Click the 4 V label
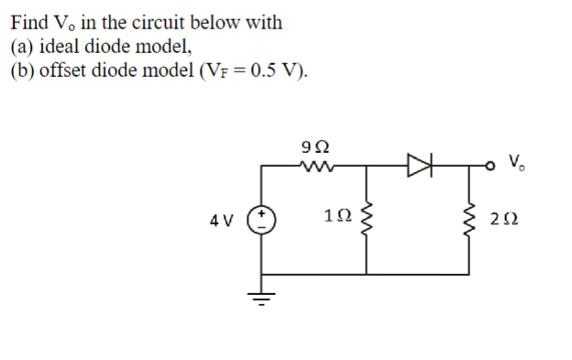(x=223, y=221)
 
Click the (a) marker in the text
(x=21, y=45)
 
